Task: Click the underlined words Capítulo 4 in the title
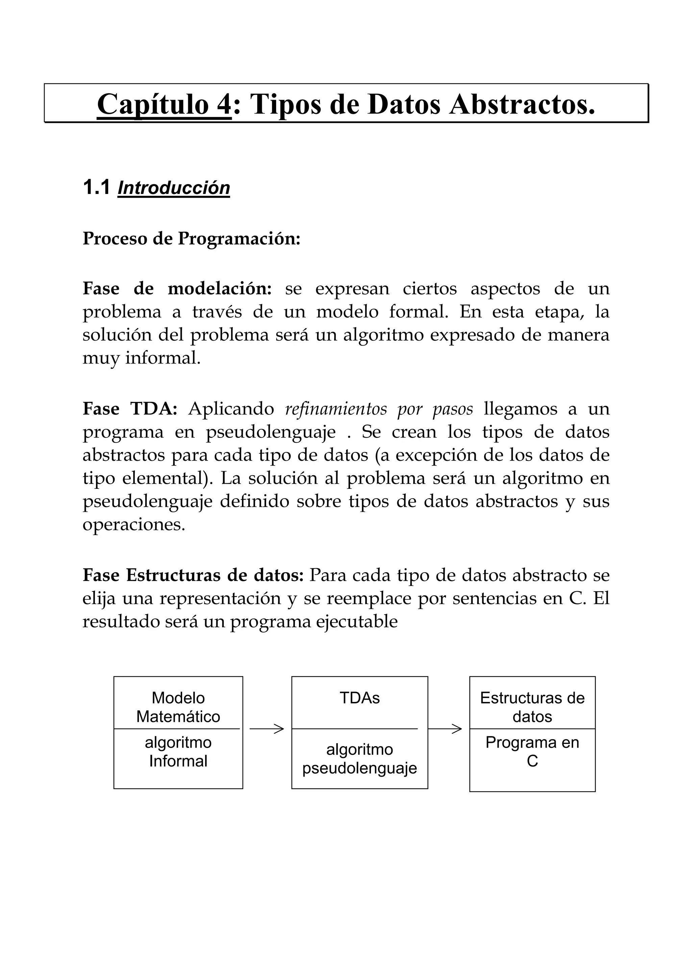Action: click(164, 104)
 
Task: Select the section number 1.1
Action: click(96, 187)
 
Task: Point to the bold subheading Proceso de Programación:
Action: click(192, 239)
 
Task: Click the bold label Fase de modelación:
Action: click(177, 289)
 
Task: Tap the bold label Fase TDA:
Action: click(130, 409)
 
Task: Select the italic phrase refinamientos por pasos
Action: click(379, 409)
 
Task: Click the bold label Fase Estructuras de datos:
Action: click(193, 575)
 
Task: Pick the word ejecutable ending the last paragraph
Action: click(356, 621)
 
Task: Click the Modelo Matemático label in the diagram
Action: click(178, 707)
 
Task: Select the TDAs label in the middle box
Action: click(360, 698)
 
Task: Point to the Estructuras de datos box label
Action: click(532, 707)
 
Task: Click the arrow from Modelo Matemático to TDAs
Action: click(267, 729)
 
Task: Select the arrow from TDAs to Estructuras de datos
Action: click(445, 729)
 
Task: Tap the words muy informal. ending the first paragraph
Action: click(141, 358)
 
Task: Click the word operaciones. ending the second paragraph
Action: click(134, 524)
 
